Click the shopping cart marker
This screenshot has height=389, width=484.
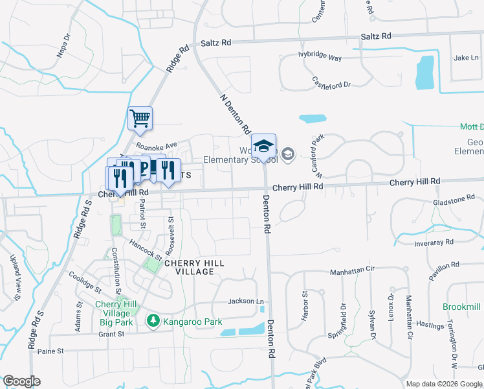tap(140, 119)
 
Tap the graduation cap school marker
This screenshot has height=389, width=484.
tap(263, 146)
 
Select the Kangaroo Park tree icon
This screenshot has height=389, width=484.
tap(153, 321)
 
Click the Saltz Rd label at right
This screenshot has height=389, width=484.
tap(377, 36)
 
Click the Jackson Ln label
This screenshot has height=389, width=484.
tap(246, 301)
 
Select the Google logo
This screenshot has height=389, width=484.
tap(21, 381)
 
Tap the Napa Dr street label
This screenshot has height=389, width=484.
tap(63, 47)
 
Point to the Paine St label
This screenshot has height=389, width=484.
tap(51, 351)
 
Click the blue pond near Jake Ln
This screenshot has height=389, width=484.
tap(425, 73)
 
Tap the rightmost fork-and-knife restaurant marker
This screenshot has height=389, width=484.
tap(168, 171)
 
